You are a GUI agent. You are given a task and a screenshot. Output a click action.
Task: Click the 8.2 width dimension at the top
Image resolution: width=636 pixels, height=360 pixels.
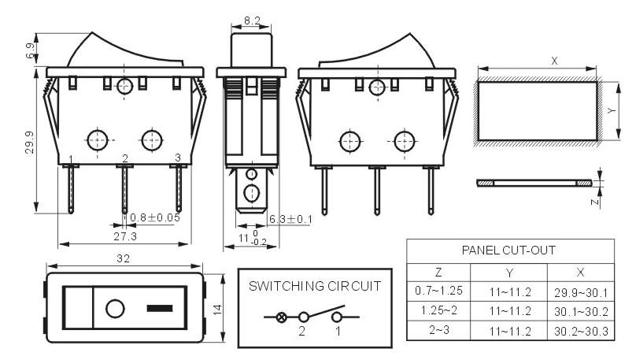252,20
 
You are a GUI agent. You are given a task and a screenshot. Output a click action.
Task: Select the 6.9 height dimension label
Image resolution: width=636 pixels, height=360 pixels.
31,50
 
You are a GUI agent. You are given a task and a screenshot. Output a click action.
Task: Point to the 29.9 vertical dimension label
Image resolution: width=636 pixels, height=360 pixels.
29,143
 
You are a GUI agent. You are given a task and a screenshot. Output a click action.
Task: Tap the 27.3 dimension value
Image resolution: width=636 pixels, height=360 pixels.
125,236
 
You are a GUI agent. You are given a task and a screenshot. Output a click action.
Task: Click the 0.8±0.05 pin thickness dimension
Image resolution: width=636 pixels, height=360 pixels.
155,217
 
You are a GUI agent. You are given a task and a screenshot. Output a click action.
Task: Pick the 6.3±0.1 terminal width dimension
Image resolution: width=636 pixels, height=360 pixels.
290,219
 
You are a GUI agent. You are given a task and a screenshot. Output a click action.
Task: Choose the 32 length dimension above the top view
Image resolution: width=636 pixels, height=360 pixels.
124,258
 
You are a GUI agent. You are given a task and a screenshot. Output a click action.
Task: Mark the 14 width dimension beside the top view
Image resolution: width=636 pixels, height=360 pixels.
217,310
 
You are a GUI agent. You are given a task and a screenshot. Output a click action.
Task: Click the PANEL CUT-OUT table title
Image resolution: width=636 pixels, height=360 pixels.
508,250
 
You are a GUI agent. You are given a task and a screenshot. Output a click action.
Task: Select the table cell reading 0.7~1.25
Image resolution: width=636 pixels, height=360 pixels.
438,291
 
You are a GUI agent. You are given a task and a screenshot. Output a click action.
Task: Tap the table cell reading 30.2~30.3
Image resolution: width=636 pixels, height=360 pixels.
581,332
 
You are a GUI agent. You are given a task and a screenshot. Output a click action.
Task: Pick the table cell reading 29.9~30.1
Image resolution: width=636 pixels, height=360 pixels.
581,292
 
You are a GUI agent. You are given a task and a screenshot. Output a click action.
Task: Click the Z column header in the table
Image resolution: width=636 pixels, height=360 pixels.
438,273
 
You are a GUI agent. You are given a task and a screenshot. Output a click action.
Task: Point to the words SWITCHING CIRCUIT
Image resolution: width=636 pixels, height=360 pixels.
315,286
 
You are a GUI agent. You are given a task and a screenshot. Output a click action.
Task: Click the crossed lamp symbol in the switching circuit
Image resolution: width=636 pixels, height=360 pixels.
281,317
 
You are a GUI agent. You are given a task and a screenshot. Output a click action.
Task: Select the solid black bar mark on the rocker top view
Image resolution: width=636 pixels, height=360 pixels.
160,309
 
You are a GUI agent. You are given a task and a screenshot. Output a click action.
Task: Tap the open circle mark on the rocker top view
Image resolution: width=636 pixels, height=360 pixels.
115,309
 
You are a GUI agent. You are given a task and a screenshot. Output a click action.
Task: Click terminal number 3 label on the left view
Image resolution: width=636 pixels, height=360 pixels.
178,157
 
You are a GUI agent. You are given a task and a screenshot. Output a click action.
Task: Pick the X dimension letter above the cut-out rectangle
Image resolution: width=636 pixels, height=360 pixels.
554,61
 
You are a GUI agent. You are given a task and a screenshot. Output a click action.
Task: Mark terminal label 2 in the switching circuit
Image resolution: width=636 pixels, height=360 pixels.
301,331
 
